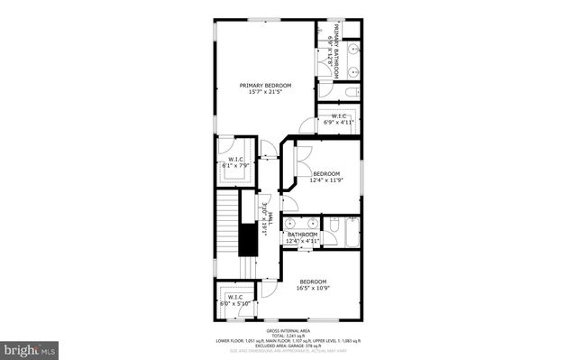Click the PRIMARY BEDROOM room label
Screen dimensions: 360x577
coord(265,85)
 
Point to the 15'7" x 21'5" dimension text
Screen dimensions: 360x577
coord(265,92)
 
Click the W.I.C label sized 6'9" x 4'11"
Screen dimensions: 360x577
coord(339,116)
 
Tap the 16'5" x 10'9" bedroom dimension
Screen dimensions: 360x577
coord(313,288)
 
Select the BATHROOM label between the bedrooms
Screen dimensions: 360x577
coord(302,235)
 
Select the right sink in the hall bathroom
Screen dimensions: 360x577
coord(313,223)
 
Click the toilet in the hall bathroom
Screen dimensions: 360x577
coord(333,225)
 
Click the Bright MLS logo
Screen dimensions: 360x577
coord(30,347)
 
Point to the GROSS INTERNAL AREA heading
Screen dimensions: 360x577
coord(288,331)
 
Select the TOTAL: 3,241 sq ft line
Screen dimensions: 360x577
coord(288,336)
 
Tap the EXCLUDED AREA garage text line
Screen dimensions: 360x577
coord(288,345)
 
